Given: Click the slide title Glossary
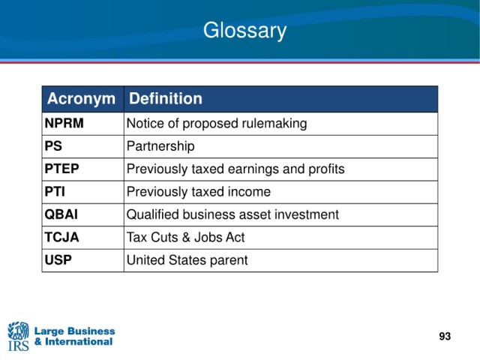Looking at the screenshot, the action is pos(245,31).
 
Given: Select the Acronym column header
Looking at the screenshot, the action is pos(81,98).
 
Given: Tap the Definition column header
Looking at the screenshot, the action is pos(166,98).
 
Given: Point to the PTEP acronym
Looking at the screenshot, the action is pos(61,169).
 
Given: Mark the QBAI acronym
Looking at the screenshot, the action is pos(61,214).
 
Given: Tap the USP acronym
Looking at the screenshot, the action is pos(58,260).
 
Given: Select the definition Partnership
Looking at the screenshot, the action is pos(160,146).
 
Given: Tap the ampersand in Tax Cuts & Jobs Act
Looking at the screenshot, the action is pos(186,238).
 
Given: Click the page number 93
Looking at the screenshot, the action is pos(445,336).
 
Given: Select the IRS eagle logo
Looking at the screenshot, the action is pos(18,336).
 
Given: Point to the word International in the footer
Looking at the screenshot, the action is pos(79,342).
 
